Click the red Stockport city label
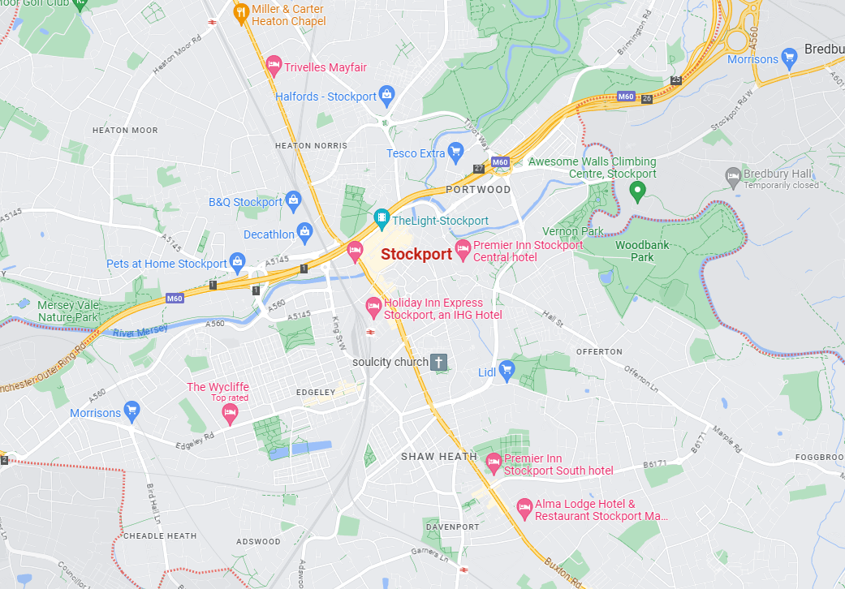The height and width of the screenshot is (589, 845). pyautogui.click(x=416, y=254)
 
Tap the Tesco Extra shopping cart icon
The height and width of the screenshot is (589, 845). pyautogui.click(x=455, y=152)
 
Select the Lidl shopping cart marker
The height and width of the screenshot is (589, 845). pyautogui.click(x=507, y=371)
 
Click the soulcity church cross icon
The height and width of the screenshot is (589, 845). pyautogui.click(x=438, y=362)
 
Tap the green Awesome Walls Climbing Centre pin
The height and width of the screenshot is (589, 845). pyautogui.click(x=637, y=191)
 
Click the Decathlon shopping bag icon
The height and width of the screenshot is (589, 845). pyautogui.click(x=304, y=234)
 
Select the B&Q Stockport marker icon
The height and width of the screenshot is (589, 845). pyautogui.click(x=293, y=200)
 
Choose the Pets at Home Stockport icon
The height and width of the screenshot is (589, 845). pyautogui.click(x=237, y=262)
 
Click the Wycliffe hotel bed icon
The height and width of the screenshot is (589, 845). pyautogui.click(x=230, y=414)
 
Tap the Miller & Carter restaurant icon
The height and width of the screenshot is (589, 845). pyautogui.click(x=241, y=13)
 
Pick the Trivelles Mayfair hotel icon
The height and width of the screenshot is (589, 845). pyautogui.click(x=274, y=66)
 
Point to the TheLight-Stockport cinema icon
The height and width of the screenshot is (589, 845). pyautogui.click(x=382, y=219)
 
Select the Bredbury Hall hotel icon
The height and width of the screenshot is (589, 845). pyautogui.click(x=732, y=174)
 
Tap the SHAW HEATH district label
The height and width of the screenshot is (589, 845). pyautogui.click(x=438, y=457)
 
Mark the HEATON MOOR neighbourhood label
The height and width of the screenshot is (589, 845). pyautogui.click(x=125, y=130)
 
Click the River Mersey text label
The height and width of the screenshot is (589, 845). pyautogui.click(x=140, y=331)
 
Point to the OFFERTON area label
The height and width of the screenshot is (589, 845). pyautogui.click(x=599, y=351)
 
